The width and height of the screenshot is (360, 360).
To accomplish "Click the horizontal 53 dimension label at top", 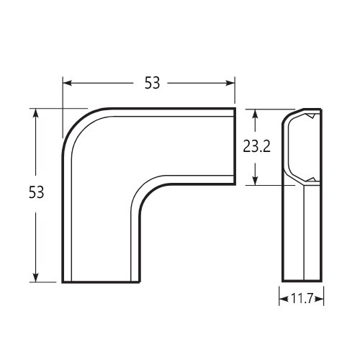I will point(151,83).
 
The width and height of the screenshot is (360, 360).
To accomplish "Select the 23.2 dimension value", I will point(256,147).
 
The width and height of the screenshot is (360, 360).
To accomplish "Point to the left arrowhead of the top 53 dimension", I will point(67,83).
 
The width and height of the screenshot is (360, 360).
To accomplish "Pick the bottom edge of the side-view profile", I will point(301,282).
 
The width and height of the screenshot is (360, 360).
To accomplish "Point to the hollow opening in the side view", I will point(302,148).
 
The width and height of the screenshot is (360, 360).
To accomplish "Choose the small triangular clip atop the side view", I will point(309,116).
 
